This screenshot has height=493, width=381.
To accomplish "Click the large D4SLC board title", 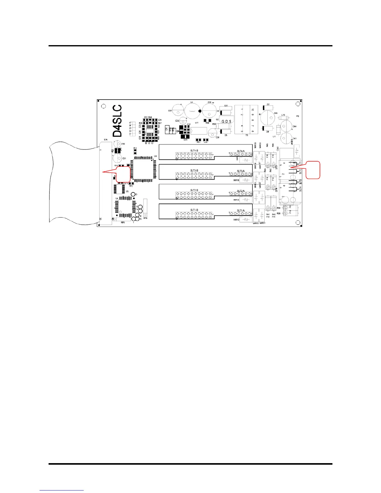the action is (117, 121).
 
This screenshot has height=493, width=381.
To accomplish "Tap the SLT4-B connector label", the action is (194, 151).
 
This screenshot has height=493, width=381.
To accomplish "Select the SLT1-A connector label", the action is (241, 211).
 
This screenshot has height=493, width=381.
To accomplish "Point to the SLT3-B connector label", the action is (194, 171).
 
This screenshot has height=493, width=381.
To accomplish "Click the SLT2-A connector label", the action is (241, 191).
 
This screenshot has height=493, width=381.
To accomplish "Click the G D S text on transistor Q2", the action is (226, 121).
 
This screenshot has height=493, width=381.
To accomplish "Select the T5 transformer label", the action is (247, 135).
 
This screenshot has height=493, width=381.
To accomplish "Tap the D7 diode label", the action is (268, 105).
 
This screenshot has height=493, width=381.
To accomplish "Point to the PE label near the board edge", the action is (298, 116).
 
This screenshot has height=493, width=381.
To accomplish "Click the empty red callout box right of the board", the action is (313, 170).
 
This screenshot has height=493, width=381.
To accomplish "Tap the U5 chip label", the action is (127, 191).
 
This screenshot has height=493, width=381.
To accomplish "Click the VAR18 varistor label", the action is (236, 180).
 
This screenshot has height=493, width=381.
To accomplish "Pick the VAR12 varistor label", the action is (236, 220).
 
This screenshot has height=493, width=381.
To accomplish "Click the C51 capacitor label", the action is (124, 158).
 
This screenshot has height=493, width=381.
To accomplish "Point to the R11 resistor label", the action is (135, 148).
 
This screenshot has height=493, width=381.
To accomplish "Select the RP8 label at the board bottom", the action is (123, 223).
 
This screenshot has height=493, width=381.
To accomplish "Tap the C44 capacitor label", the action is (294, 127).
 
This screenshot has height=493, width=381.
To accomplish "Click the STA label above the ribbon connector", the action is (106, 140).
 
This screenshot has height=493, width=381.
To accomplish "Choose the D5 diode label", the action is (226, 135).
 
